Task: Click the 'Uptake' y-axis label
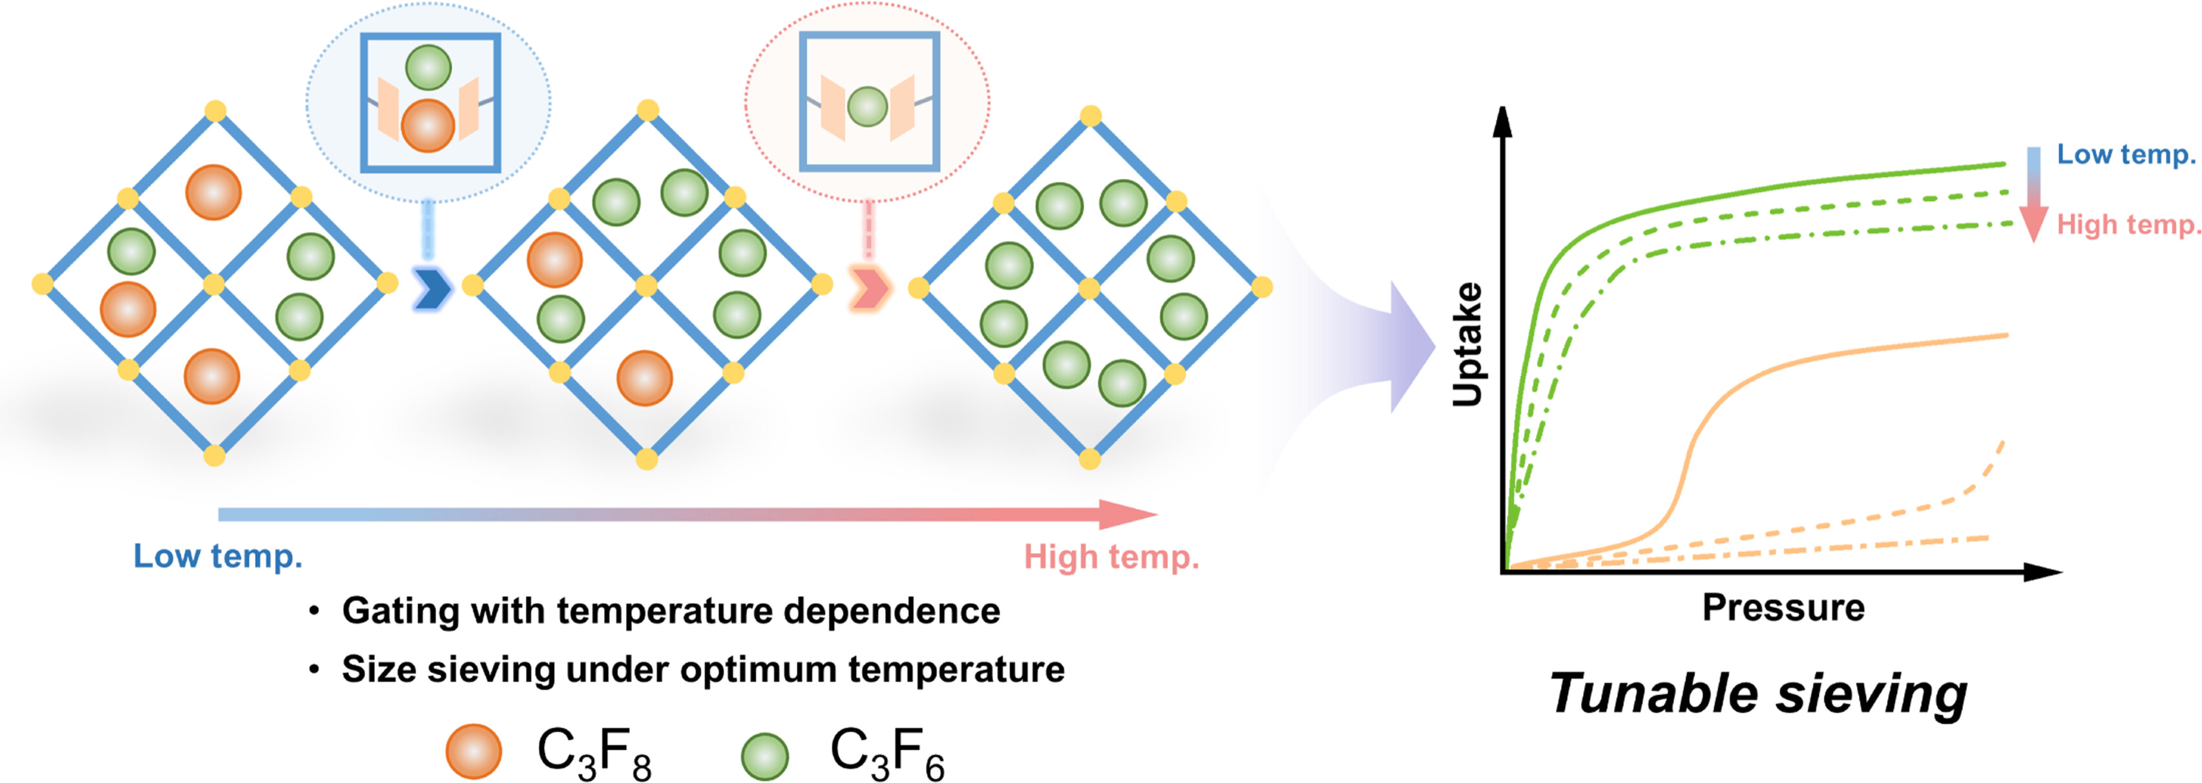coord(1468,344)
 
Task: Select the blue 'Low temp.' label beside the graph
coord(2125,154)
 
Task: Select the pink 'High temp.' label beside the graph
coord(2127,225)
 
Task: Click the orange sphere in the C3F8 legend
coord(474,751)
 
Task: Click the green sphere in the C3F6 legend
coord(764,756)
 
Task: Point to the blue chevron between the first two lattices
coord(432,289)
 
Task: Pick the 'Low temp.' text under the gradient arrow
coord(218,556)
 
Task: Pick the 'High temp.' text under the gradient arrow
coord(1111,558)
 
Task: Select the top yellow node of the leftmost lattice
coord(215,111)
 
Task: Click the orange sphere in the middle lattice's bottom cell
coord(645,378)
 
